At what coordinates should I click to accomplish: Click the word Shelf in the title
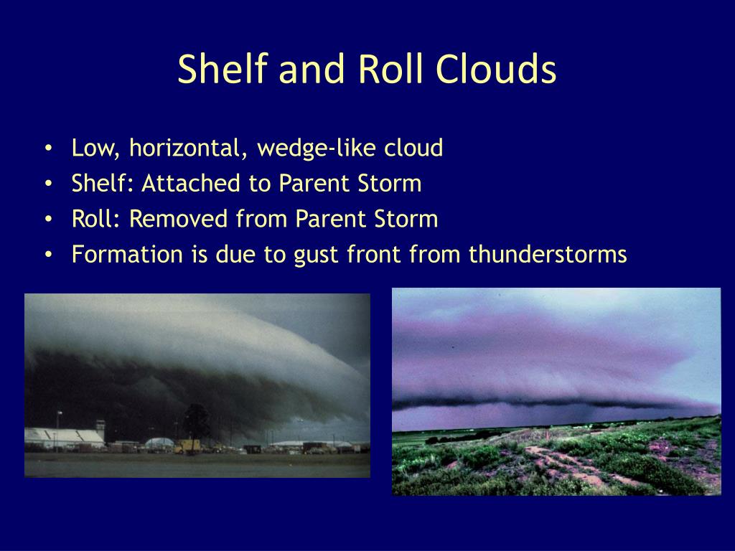223,68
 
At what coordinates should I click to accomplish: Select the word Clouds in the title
495,68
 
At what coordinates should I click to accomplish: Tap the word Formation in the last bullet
127,255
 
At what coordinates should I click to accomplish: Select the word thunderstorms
548,255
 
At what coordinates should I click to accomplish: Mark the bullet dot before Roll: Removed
48,220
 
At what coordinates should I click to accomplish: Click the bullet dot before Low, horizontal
48,148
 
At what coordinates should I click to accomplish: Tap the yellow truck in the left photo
187,446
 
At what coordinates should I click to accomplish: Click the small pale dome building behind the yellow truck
159,442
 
